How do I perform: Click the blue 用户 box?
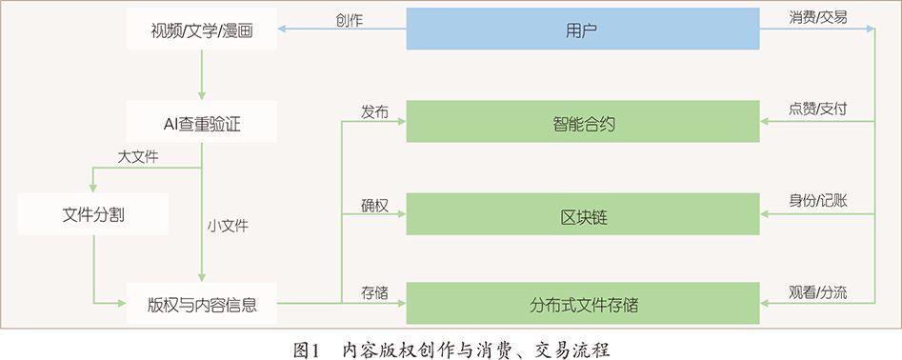click(582, 30)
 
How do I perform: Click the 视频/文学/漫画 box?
click(201, 30)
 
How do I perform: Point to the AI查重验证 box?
click(201, 122)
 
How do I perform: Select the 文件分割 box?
click(92, 215)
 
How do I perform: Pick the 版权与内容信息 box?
click(201, 305)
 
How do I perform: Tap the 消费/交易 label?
click(818, 17)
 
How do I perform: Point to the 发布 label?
click(374, 110)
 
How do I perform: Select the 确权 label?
click(374, 206)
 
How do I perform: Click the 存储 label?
click(374, 292)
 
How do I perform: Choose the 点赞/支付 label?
click(818, 110)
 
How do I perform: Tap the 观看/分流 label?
click(818, 292)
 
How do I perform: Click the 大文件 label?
click(137, 158)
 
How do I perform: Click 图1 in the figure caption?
click(307, 348)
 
